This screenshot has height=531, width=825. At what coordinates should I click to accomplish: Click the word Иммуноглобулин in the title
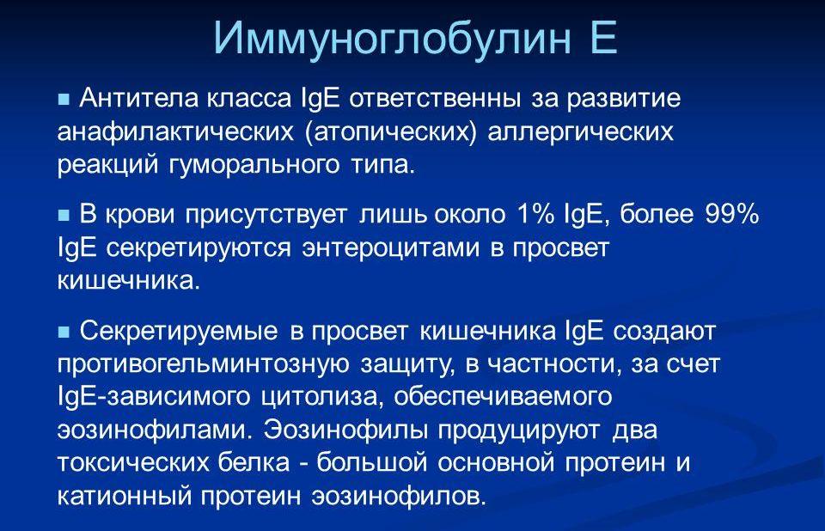[x=392, y=37]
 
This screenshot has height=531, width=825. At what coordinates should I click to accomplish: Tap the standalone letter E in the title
[x=603, y=37]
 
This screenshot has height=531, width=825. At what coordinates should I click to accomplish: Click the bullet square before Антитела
[x=63, y=99]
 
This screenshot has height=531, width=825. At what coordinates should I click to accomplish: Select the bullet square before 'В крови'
[x=63, y=215]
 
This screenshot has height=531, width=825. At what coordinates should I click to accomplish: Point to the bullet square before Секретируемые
[x=63, y=332]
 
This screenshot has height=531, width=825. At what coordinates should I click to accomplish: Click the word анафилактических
[x=175, y=131]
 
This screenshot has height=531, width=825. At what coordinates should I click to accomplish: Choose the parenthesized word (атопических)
[x=391, y=131]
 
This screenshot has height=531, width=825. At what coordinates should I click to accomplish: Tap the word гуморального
[x=254, y=164]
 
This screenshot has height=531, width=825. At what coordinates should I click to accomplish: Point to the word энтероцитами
[x=391, y=247]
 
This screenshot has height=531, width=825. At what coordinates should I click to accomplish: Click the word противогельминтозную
[x=203, y=364]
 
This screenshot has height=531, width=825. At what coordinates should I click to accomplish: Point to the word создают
[x=664, y=332]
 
